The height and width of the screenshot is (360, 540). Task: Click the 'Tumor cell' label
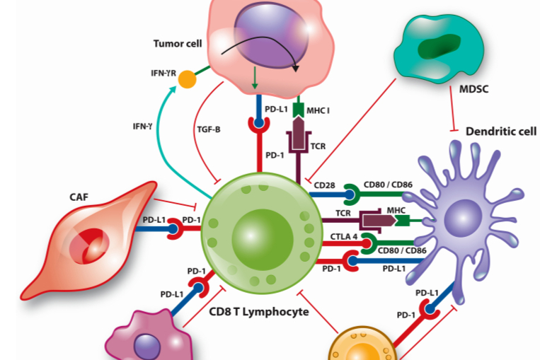coord(178,44)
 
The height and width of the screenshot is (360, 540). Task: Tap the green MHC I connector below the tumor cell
coord(298,110)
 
